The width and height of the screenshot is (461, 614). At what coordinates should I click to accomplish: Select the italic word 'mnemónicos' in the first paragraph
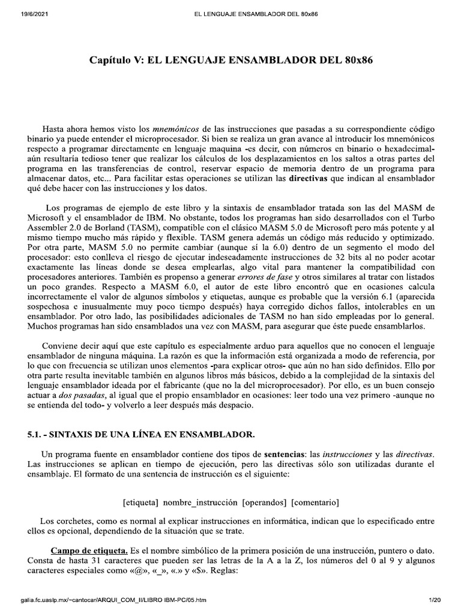(x=175, y=129)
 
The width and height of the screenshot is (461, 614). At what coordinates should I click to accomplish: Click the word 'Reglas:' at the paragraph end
(x=224, y=571)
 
